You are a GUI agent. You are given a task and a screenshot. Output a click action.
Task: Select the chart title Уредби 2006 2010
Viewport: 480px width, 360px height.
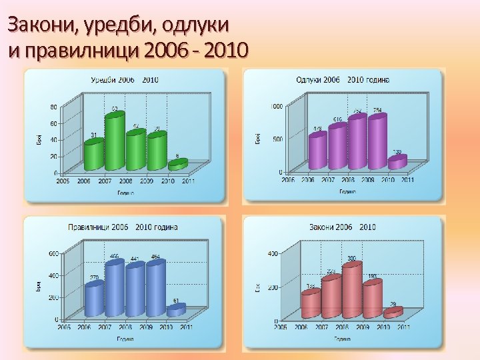[x=125, y=80]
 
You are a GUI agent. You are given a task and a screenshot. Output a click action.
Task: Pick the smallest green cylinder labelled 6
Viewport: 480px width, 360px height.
[x=178, y=163]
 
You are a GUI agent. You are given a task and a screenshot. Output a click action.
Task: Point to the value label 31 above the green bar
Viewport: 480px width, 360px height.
[x=94, y=135]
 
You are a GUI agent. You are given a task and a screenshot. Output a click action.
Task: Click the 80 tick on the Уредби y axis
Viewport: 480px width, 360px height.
[x=53, y=107]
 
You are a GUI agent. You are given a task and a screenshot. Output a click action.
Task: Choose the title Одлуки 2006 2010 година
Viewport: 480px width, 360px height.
[x=343, y=80]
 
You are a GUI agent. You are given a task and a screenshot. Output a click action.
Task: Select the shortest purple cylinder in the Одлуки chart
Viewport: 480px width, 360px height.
[x=397, y=161]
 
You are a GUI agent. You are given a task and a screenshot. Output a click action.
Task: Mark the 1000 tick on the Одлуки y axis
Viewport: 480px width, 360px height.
[x=276, y=105]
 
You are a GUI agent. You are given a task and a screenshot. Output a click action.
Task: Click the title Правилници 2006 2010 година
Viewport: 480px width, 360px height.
[x=123, y=227]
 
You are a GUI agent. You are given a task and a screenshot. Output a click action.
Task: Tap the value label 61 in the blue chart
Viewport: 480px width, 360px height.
[x=176, y=301]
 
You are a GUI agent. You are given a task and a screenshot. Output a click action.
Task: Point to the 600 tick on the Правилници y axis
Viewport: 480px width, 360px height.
[x=52, y=253]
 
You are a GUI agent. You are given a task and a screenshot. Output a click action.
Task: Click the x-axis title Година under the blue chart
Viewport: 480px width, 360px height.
[x=125, y=339]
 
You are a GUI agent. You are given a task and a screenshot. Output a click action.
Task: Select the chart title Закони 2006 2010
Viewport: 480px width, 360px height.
[x=342, y=227]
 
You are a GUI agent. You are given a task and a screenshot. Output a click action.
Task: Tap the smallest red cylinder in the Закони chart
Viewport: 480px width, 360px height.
[x=393, y=311]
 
